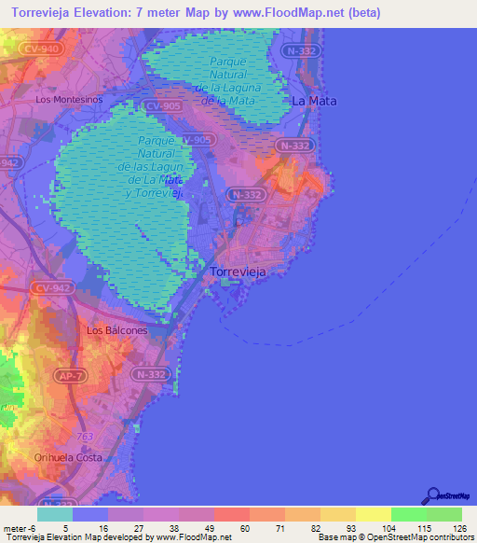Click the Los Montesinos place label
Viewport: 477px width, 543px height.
coord(68,98)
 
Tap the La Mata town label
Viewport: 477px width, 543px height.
coord(314,100)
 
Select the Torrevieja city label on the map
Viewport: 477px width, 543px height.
coord(238,271)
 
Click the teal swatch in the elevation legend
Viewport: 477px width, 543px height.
coord(54,513)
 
